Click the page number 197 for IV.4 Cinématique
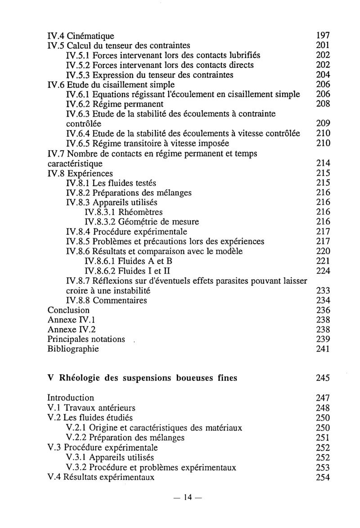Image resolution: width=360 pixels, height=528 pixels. point(323,35)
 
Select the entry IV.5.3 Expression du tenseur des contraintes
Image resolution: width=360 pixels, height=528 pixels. point(149,75)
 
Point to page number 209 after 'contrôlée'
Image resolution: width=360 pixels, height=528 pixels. point(323,124)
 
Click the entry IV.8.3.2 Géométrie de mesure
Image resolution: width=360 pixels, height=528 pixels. point(141,222)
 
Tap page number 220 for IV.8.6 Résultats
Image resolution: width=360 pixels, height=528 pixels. point(323,251)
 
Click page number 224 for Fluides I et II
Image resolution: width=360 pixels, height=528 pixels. point(323,271)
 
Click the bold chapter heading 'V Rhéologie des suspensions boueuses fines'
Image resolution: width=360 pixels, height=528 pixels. point(143,378)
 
